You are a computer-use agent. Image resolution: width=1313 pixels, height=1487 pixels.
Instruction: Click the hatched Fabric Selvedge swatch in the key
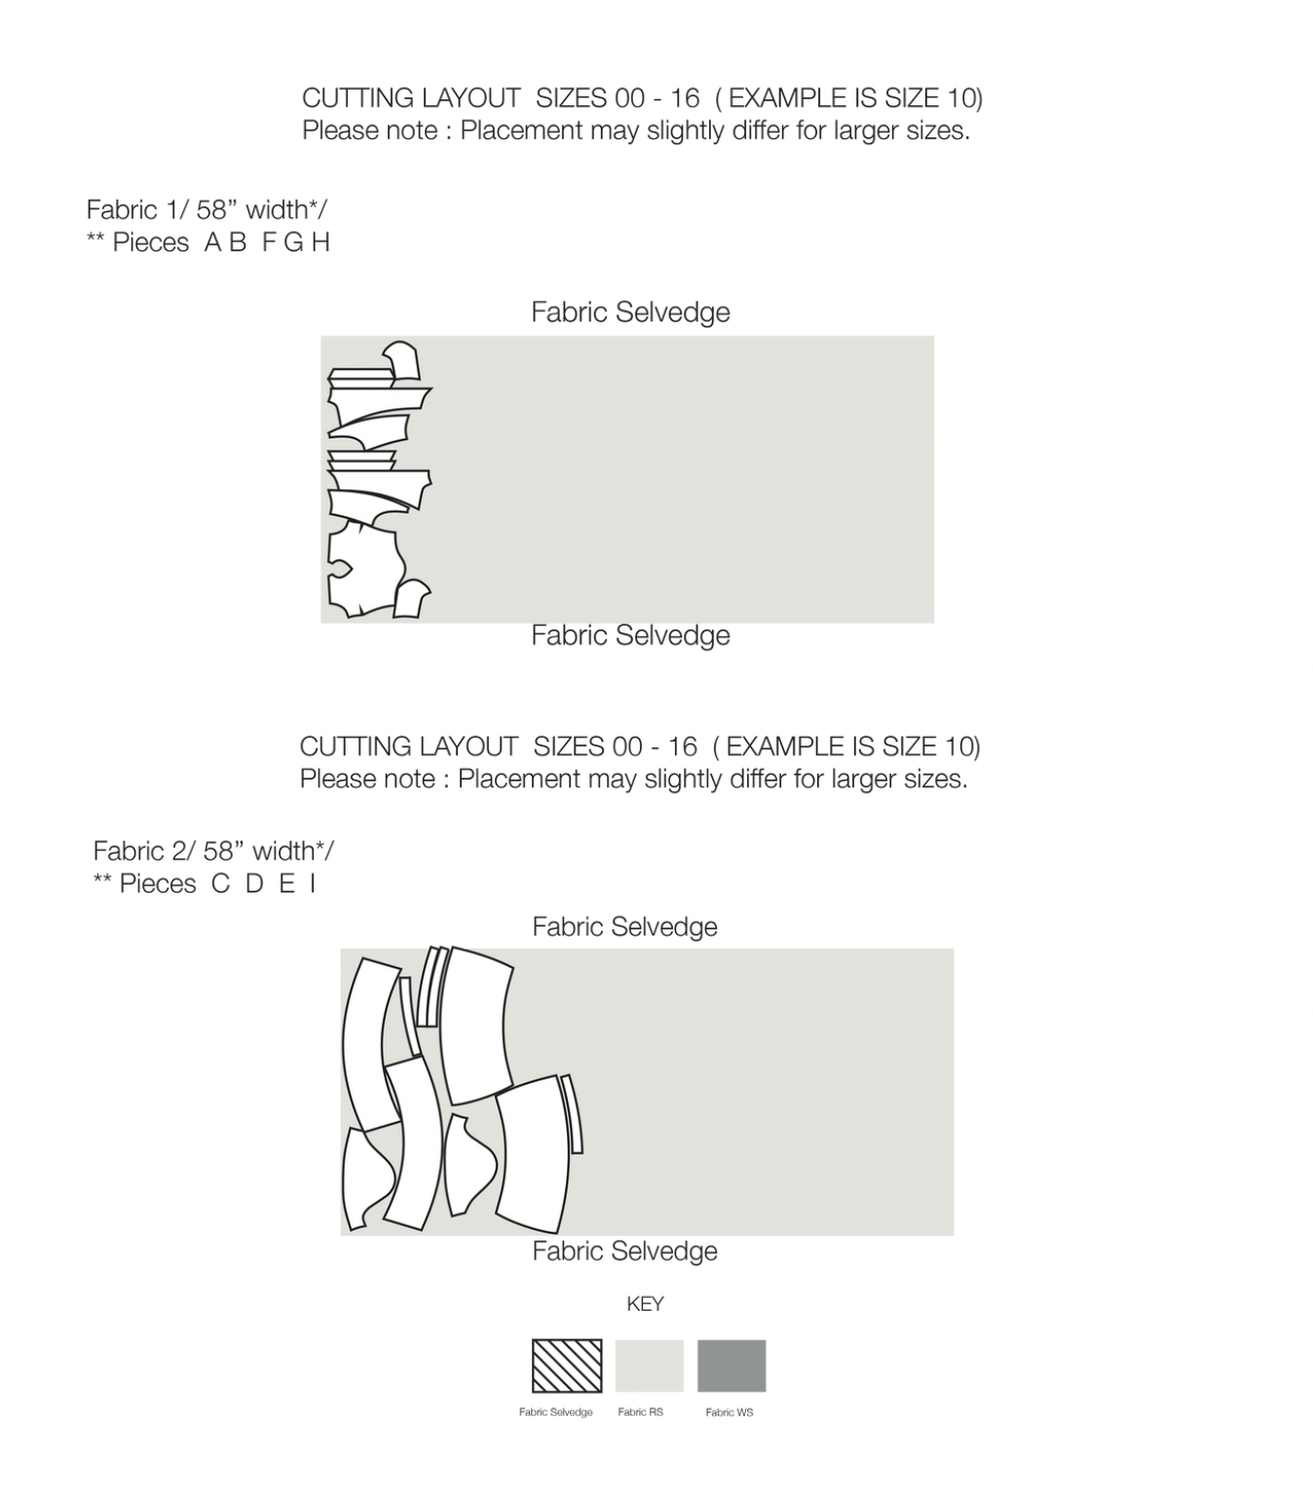pyautogui.click(x=566, y=1365)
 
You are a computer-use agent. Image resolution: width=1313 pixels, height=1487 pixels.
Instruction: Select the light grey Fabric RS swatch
pyautogui.click(x=649, y=1365)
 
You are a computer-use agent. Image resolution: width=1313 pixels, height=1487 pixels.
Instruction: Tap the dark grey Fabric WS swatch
pyautogui.click(x=732, y=1365)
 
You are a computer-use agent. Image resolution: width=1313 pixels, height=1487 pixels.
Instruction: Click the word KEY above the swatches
pyautogui.click(x=646, y=1304)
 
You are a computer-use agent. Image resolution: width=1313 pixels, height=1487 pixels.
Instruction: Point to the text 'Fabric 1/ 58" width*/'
pyautogui.click(x=206, y=210)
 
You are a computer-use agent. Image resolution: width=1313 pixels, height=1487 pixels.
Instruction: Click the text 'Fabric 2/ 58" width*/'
pyautogui.click(x=213, y=851)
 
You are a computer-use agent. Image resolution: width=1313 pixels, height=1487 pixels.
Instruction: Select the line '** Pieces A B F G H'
pyautogui.click(x=208, y=243)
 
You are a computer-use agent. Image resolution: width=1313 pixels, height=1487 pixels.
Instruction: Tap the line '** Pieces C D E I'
pyautogui.click(x=205, y=884)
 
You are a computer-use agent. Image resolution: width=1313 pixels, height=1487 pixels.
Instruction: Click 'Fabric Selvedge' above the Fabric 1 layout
pyautogui.click(x=630, y=313)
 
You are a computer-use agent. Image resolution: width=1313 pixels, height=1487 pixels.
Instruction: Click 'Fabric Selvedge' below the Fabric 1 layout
pyautogui.click(x=630, y=635)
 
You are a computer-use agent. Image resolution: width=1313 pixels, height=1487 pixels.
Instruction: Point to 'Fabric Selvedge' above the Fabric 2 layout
pyautogui.click(x=624, y=927)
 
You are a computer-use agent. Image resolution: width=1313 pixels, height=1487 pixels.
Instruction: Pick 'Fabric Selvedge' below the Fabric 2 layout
pyautogui.click(x=624, y=1251)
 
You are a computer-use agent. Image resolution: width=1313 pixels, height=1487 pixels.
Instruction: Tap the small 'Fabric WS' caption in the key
pyautogui.click(x=730, y=1412)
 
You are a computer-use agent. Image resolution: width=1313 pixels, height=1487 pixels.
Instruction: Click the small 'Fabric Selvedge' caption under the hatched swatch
pyautogui.click(x=555, y=1412)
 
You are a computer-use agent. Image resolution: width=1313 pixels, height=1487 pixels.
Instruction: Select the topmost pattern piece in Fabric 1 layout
pyautogui.click(x=403, y=361)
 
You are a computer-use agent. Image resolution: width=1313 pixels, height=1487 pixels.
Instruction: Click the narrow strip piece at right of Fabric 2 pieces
pyautogui.click(x=572, y=1114)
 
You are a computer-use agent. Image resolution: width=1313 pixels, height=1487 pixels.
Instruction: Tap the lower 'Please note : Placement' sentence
pyautogui.click(x=634, y=779)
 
